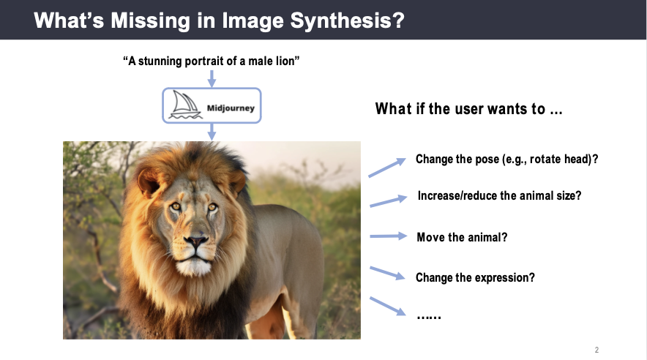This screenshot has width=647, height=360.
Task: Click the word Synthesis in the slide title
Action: click(348, 21)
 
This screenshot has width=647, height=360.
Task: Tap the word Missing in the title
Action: click(151, 21)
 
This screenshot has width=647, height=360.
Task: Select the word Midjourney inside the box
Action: click(231, 108)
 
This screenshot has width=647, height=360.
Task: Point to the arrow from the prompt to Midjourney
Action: click(212, 78)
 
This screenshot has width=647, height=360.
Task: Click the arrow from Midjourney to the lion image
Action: click(212, 132)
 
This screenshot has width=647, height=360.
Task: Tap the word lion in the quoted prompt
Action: click(285, 61)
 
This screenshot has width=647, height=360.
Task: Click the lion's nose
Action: click(196, 240)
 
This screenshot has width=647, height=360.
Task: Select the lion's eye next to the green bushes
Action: click(212, 206)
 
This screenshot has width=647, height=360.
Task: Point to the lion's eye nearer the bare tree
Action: click(176, 206)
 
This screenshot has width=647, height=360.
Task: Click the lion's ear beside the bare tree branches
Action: click(149, 182)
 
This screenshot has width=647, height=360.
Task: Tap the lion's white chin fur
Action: click(193, 267)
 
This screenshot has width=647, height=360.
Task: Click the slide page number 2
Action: click(596, 350)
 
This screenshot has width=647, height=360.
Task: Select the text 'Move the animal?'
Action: click(462, 237)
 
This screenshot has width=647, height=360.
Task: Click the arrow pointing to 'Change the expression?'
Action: click(387, 274)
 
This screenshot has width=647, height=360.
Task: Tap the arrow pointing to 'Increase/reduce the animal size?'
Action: click(389, 200)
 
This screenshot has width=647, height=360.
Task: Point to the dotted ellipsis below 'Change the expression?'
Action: click(429, 317)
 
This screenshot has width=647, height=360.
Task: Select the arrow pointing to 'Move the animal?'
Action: click(389, 236)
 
